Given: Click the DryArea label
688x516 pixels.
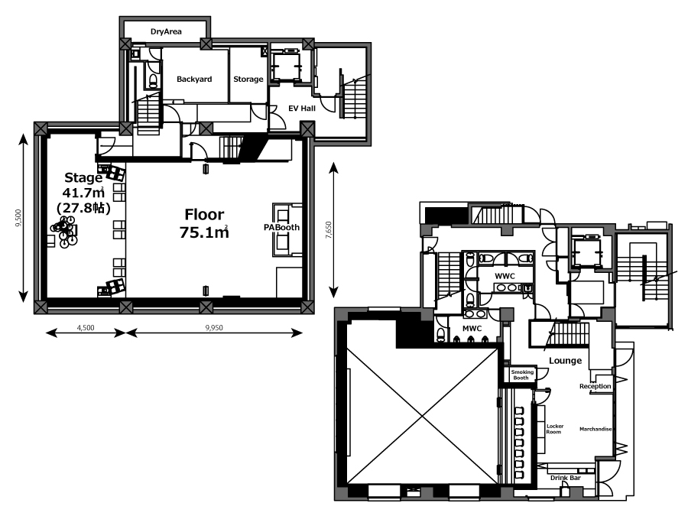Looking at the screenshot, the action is (166, 31).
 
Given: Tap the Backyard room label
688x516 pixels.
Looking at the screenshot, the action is (194, 79).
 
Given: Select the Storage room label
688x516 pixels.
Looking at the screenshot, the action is (248, 79).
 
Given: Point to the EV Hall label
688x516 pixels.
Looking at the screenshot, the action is (302, 108).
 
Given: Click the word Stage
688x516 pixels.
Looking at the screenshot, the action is (83, 177).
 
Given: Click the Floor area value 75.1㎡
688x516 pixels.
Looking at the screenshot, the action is (204, 232).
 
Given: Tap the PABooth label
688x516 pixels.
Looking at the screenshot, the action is (281, 227).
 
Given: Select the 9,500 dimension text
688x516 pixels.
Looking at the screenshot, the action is (18, 218).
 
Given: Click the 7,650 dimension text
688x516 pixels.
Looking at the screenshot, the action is (329, 229).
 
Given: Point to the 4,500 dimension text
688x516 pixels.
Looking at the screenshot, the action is (86, 327).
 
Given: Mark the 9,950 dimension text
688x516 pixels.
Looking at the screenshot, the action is (214, 327).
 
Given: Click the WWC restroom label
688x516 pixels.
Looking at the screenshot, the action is (505, 276).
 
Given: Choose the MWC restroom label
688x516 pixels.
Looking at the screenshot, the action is (472, 328).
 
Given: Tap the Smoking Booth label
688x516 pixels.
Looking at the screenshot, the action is (521, 375).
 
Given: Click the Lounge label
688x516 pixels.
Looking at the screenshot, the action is (565, 360).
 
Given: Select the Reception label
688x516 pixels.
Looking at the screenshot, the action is (595, 386).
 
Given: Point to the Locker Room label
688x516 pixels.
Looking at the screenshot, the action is (555, 429).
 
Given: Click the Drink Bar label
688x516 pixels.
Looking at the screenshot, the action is (566, 478).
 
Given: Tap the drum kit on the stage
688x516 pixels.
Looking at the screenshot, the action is (64, 230).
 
